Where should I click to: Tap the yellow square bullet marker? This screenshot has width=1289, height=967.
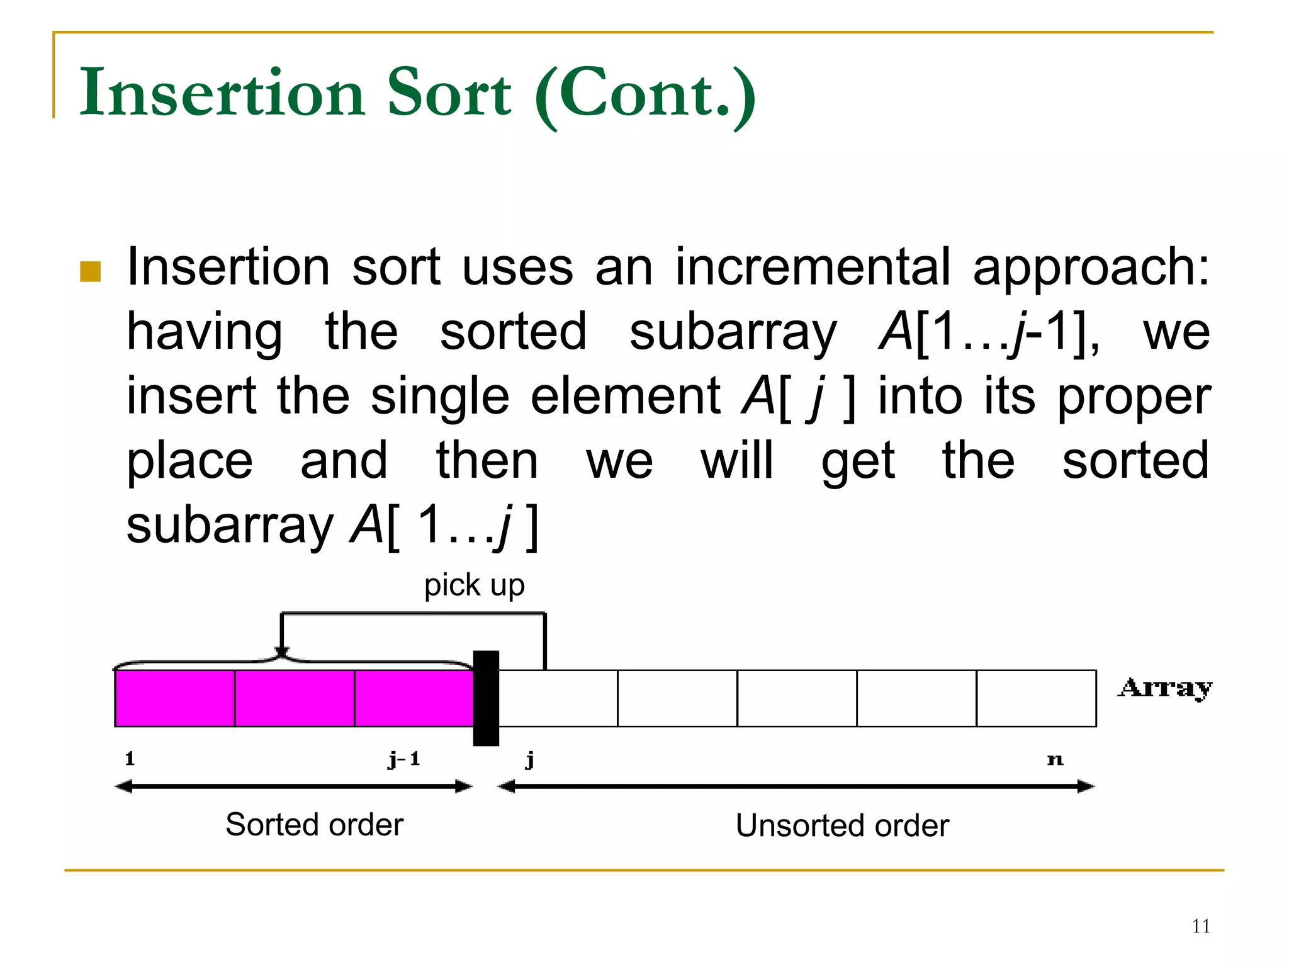coord(91,271)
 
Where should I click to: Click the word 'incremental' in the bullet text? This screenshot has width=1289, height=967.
coord(813,267)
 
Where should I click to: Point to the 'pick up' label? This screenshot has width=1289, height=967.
coord(474,585)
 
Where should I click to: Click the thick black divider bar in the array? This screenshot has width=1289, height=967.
coord(486,698)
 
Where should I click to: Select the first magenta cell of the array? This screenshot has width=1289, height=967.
coord(175,698)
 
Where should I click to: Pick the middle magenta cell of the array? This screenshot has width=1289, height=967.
coord(295,698)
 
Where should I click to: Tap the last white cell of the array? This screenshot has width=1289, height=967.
coord(1036,698)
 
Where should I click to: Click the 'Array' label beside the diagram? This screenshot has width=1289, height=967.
coord(1165,688)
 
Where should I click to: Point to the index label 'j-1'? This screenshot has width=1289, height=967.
coord(404,759)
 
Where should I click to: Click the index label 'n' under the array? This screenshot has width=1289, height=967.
coord(1055,760)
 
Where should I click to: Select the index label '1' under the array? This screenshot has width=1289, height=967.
coord(130,759)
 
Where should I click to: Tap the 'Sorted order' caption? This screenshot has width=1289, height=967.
coord(314,825)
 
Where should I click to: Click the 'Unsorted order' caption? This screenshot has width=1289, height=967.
coord(842,825)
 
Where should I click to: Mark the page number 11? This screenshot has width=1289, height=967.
coord(1201,926)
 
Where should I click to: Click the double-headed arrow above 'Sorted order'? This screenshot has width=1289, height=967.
coord(294,786)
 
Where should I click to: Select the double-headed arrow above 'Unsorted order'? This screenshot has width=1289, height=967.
coord(796,786)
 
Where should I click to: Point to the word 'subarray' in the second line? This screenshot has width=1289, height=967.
coord(733,332)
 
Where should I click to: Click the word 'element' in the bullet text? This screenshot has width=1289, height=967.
coord(625,397)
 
